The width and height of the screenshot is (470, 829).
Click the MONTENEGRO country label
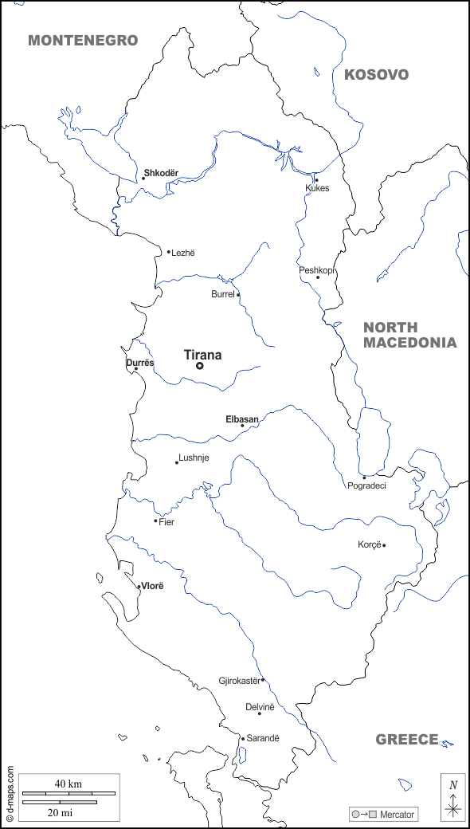(x=83, y=41)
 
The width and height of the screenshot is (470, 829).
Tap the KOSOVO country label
(x=376, y=75)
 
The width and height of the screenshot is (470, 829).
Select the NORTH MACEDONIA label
(x=409, y=335)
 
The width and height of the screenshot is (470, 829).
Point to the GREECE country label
(x=407, y=739)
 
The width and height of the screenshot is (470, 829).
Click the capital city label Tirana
(x=202, y=356)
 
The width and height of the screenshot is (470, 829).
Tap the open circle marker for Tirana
(x=199, y=366)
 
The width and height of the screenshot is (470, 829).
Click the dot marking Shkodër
(x=143, y=179)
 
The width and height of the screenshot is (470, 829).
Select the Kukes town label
(x=317, y=188)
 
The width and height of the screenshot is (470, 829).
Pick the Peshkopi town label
(x=316, y=270)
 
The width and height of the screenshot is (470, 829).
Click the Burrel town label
(x=222, y=294)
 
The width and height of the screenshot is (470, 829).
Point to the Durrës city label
(x=139, y=363)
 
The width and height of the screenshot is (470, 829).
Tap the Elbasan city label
(x=241, y=418)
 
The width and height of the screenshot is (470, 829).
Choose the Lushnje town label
(x=194, y=458)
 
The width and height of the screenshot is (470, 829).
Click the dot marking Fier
(x=155, y=521)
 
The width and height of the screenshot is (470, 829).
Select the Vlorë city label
(x=151, y=586)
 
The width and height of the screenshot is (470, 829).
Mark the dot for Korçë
(x=384, y=545)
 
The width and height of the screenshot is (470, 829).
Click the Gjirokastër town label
(x=239, y=681)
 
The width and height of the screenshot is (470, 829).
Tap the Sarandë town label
(x=263, y=738)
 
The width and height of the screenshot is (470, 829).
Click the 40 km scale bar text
(x=69, y=784)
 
